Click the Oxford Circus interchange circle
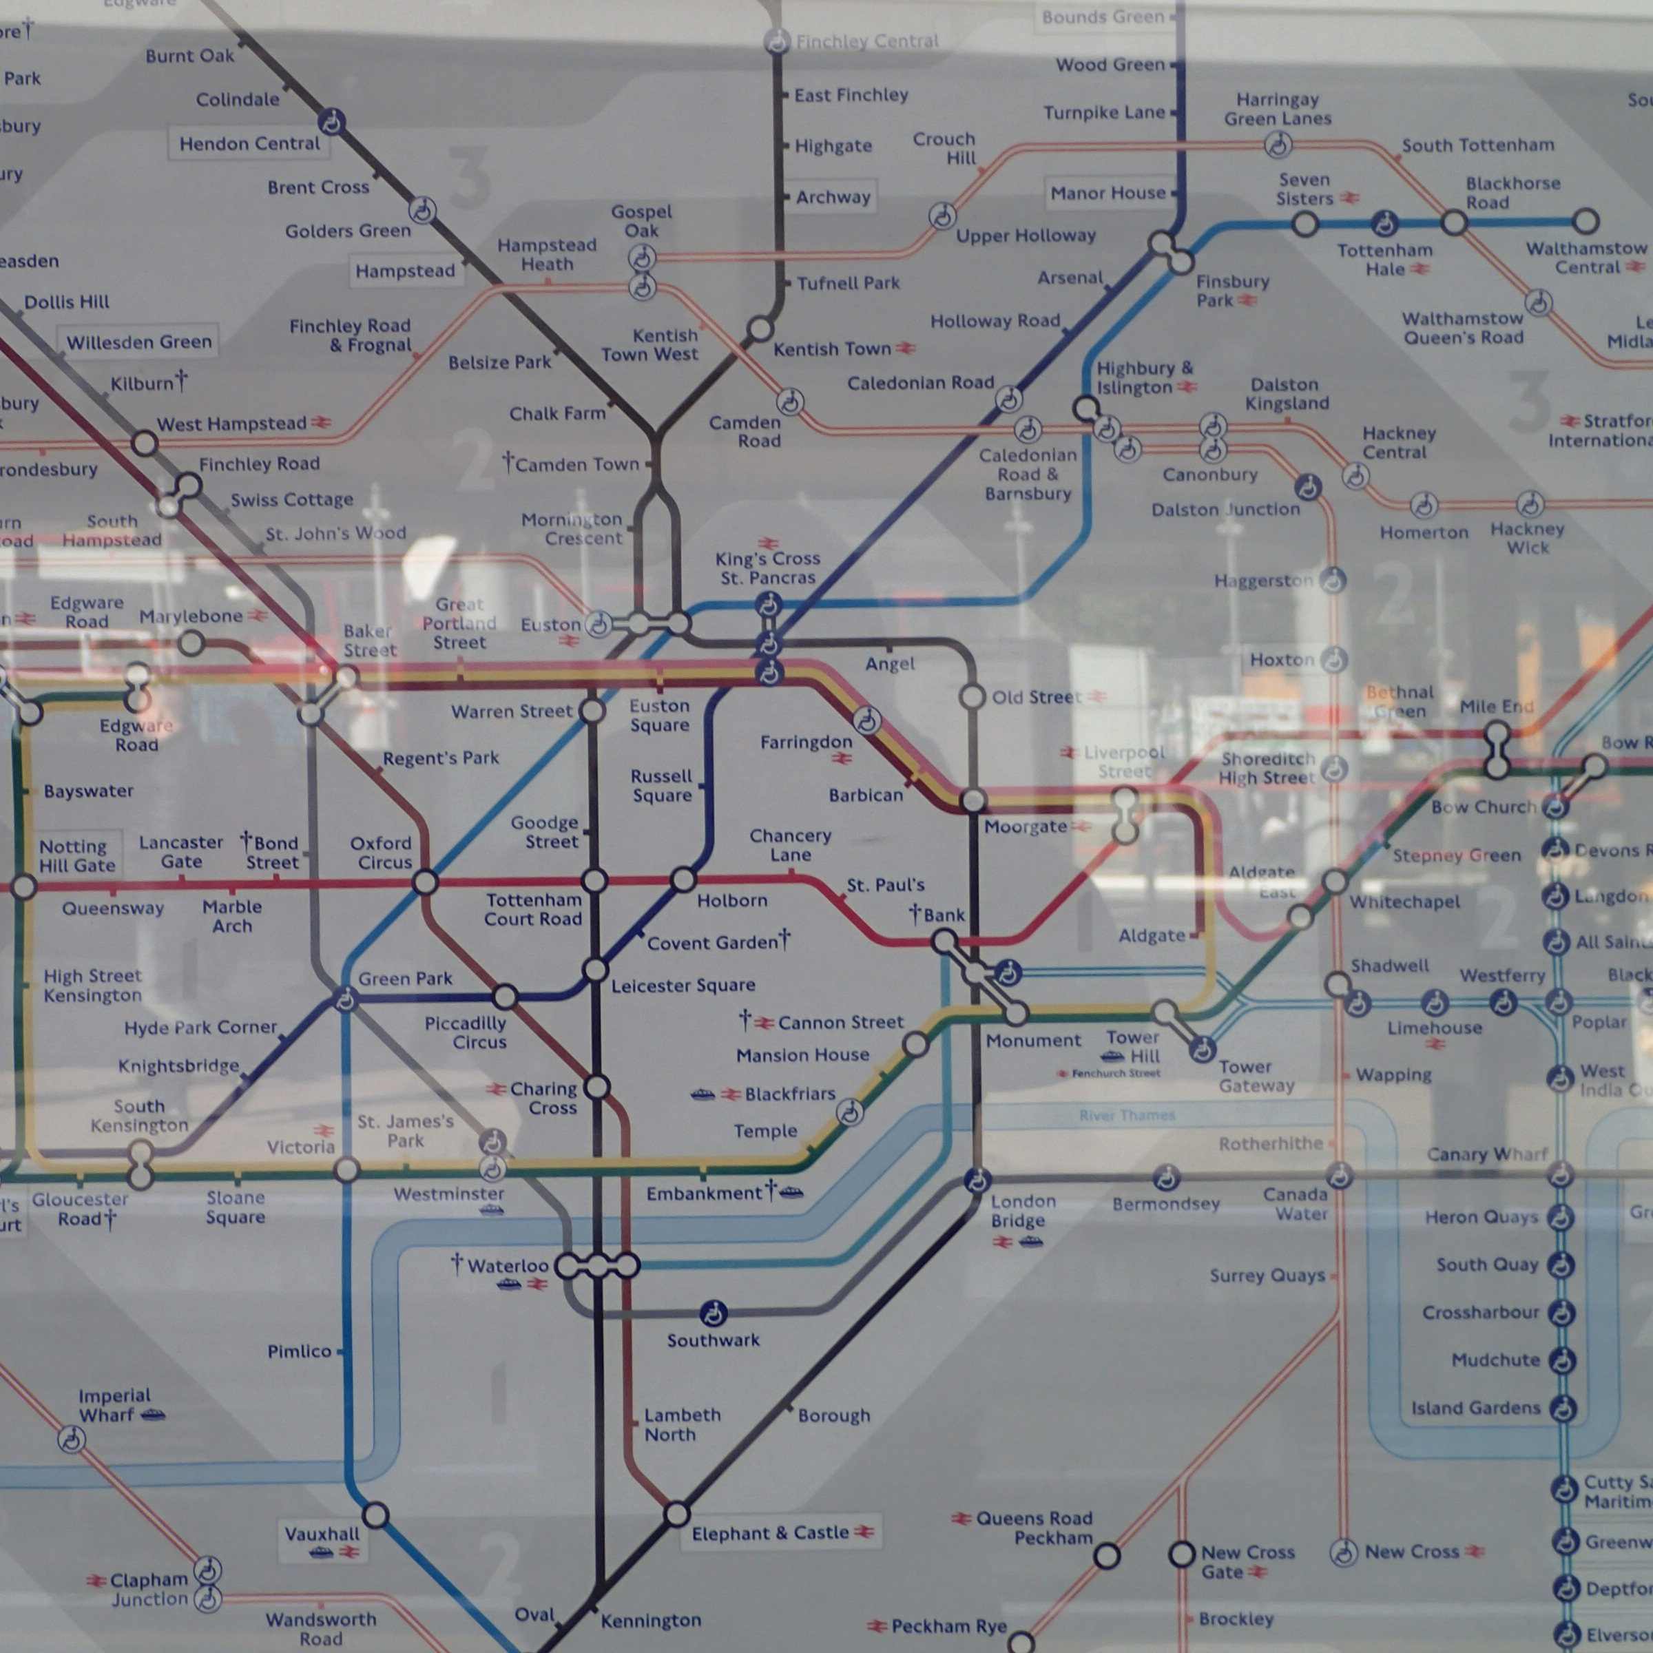(x=425, y=882)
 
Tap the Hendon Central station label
(x=249, y=144)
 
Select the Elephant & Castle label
(x=770, y=1532)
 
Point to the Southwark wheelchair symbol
(x=713, y=1313)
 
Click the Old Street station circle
(x=972, y=696)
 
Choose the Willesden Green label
(x=138, y=342)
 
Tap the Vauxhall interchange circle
(x=375, y=1515)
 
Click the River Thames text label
(x=1127, y=1116)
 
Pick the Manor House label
(x=1108, y=194)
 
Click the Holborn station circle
(x=683, y=880)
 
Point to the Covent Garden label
(x=713, y=943)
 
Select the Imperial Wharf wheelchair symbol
(x=71, y=1440)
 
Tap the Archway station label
(x=833, y=198)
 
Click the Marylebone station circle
(x=191, y=643)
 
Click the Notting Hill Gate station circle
(x=24, y=887)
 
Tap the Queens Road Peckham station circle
(x=1107, y=1555)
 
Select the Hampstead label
(x=405, y=271)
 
